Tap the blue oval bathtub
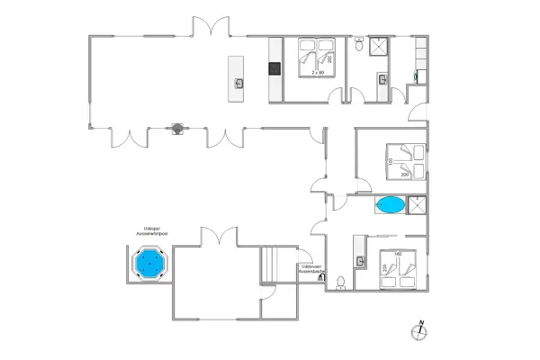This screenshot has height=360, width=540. pos(391,205)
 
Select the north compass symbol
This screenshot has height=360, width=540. pos(418,331)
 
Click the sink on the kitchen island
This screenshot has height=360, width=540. pos(238,84)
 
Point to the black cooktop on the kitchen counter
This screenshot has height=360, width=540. pos(274,68)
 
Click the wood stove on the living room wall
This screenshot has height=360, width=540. pos(180,129)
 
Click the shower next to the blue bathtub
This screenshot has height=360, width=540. pos(418,206)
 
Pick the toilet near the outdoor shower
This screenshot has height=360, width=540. pos(339,283)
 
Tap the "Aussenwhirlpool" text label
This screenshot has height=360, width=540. pos(148,233)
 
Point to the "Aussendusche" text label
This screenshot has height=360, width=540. pos(311,272)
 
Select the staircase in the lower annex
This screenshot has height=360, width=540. pos(272,265)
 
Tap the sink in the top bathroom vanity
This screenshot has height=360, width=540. pos(384,80)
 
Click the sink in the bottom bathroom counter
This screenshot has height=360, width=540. pos(362,262)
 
